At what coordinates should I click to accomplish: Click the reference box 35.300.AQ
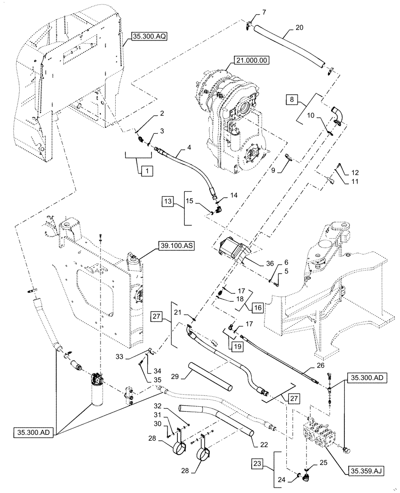click(x=150, y=36)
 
